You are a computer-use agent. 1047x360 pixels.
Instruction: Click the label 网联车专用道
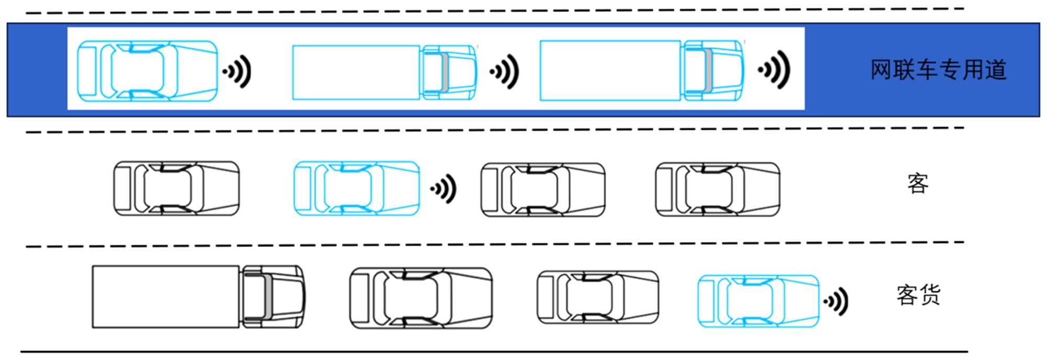[x=938, y=70]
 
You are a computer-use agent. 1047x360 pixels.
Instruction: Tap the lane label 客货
[x=918, y=295]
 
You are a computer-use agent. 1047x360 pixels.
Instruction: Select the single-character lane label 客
[x=918, y=184]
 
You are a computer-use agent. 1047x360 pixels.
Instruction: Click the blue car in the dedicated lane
[x=147, y=71]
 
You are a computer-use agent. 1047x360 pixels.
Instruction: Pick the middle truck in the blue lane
[x=384, y=72]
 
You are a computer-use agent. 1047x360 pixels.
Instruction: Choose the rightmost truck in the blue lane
[x=642, y=71]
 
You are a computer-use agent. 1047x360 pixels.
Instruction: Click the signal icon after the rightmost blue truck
[x=775, y=70]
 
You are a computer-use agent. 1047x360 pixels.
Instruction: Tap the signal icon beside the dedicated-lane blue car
[x=238, y=71]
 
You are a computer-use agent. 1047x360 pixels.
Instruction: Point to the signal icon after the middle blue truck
[x=505, y=71]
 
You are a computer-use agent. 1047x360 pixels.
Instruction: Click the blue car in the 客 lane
[x=357, y=188]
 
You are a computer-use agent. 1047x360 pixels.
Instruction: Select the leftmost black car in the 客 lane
[x=176, y=188]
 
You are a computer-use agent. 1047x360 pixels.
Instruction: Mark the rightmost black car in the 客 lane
[x=717, y=189]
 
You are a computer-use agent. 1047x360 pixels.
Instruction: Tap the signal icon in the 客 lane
[x=444, y=189]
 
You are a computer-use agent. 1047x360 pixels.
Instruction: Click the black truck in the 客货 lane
[x=198, y=297]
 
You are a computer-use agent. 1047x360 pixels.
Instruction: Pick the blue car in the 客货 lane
[x=759, y=301]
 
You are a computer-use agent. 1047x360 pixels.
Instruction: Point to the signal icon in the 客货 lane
[x=836, y=301]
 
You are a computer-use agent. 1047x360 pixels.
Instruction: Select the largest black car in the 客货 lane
[x=421, y=298]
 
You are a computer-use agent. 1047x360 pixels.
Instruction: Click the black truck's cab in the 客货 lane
[x=272, y=297]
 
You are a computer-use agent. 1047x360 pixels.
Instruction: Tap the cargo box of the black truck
[x=166, y=297]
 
